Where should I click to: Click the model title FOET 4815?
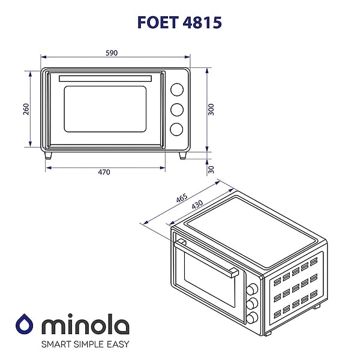(180, 22)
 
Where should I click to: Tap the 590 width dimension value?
(112, 53)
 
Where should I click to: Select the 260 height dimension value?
(26, 109)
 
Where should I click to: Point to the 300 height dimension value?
(211, 109)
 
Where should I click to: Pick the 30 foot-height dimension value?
(211, 170)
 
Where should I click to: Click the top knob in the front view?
(176, 89)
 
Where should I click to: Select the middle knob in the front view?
(176, 109)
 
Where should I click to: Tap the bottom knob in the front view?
(176, 128)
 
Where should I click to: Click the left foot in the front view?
(49, 155)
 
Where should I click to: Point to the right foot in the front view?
(183, 155)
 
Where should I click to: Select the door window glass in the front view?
(104, 110)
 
